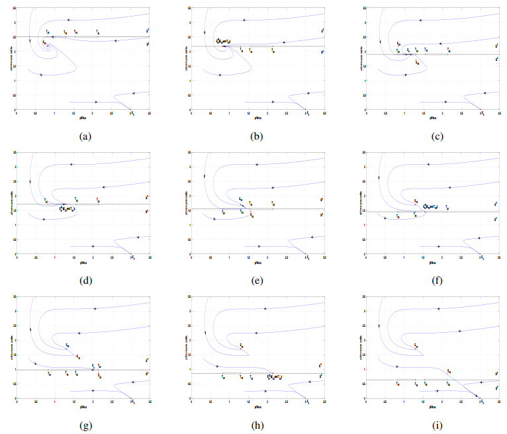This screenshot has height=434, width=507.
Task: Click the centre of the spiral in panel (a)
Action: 48,46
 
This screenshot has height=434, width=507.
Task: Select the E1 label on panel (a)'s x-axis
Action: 133,114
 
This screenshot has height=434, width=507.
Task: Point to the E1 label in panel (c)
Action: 483,114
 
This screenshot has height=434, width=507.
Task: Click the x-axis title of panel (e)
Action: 257,262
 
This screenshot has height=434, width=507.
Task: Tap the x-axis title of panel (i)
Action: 433,406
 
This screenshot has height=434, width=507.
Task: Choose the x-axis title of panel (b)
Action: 257,118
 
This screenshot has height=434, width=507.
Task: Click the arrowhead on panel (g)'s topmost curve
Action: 95,309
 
